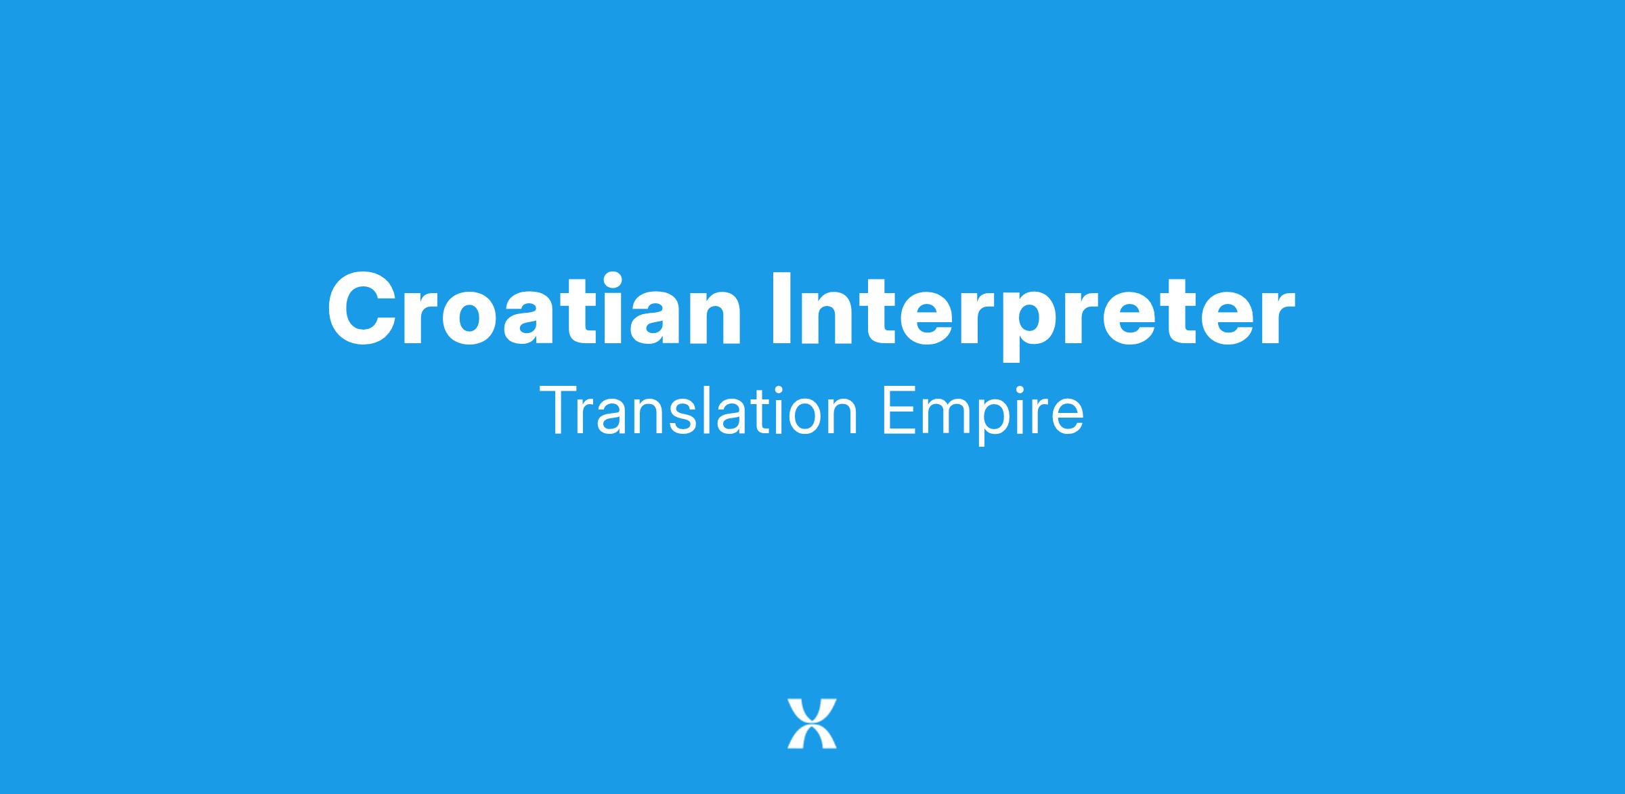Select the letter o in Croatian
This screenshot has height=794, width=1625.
[478, 318]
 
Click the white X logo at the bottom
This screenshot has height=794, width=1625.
[812, 724]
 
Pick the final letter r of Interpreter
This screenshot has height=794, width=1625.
[1276, 318]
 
